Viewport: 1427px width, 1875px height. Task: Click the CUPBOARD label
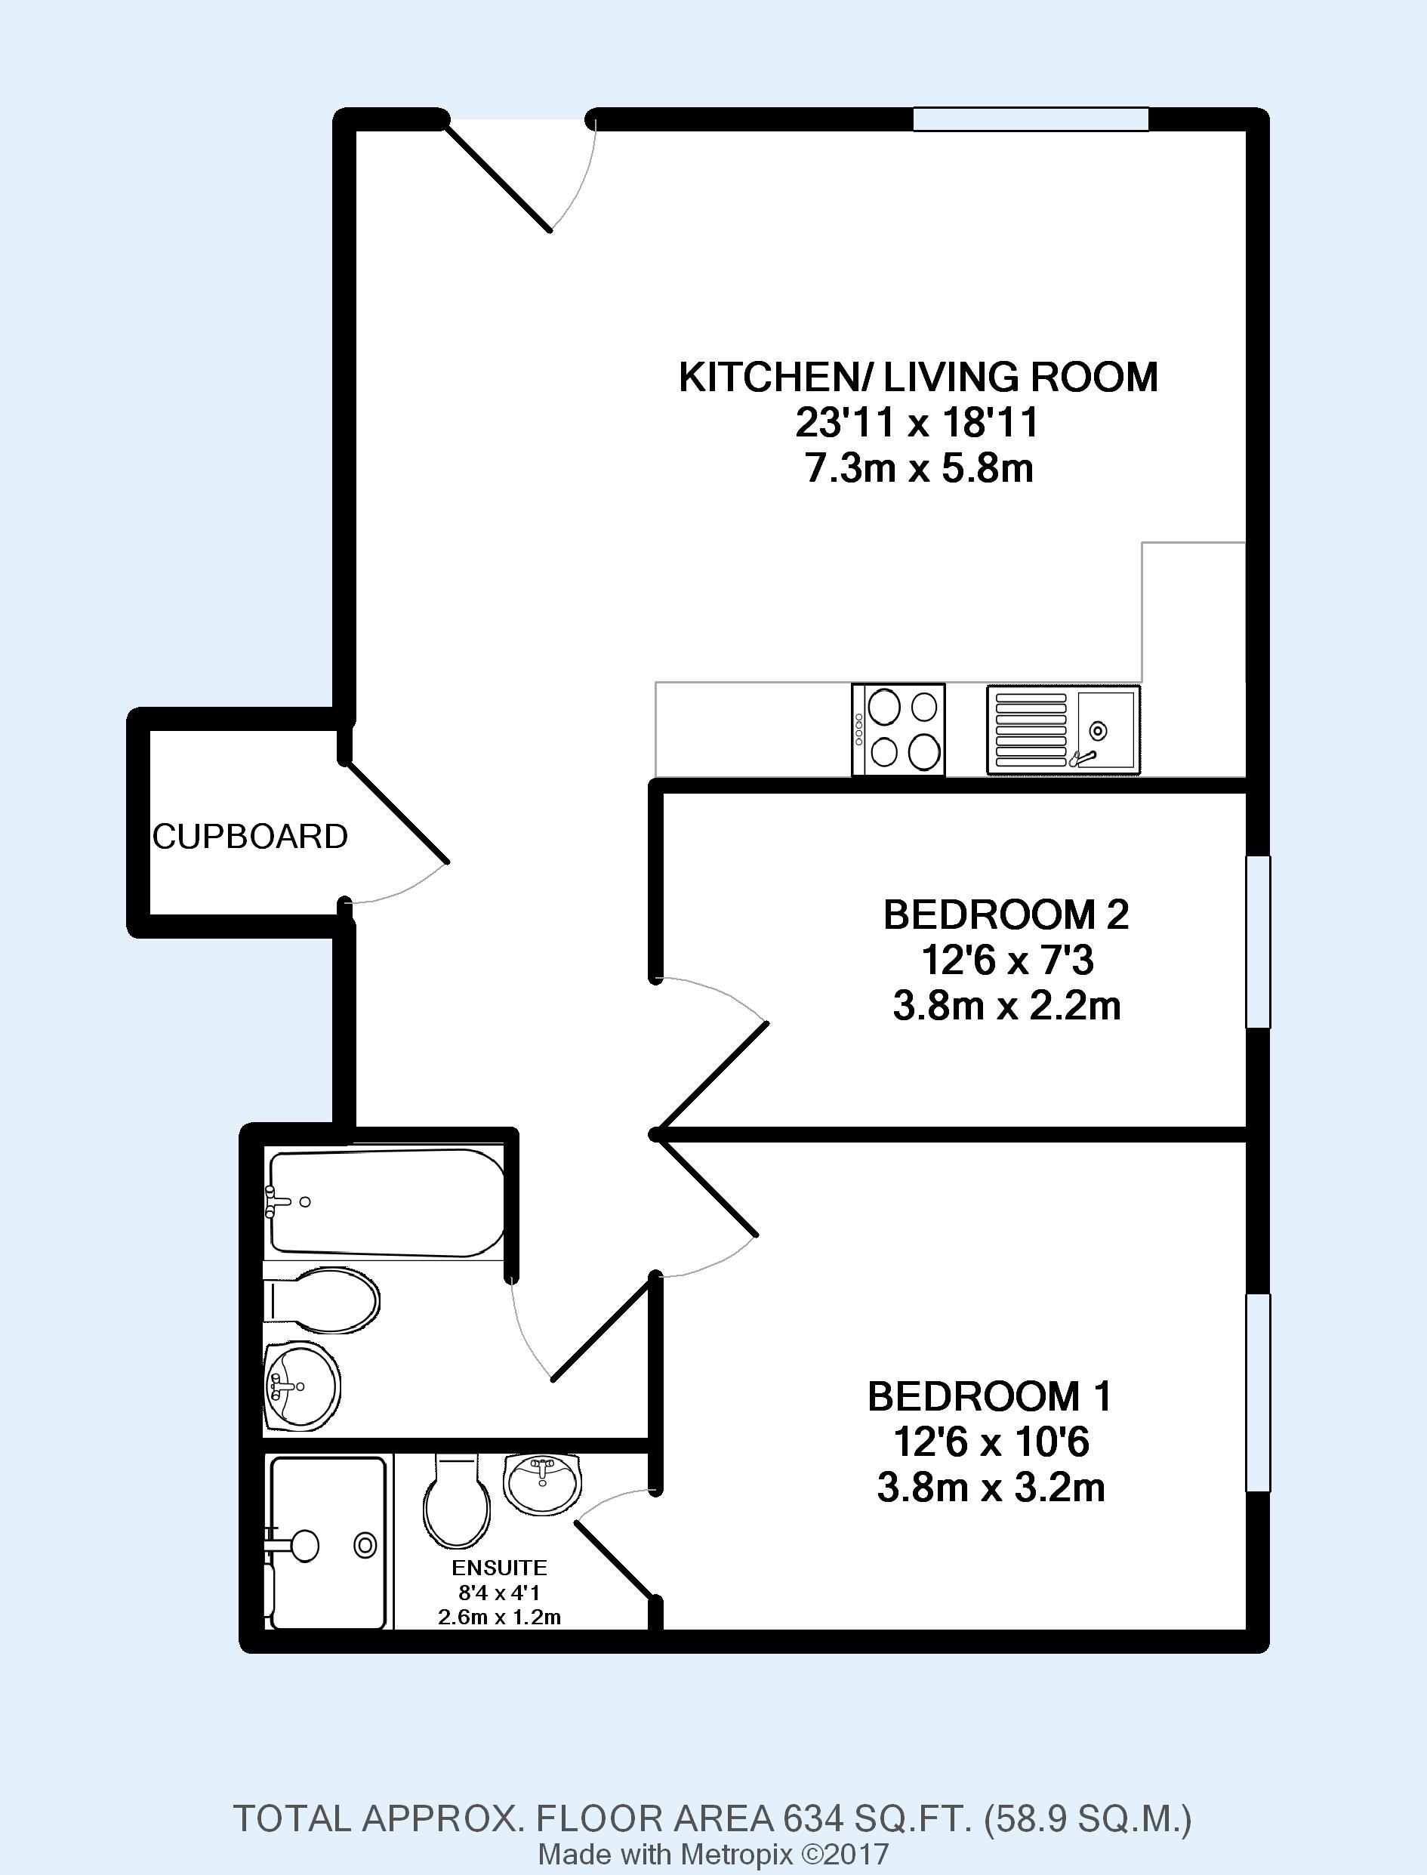(x=251, y=837)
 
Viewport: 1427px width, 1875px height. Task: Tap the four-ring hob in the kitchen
(x=898, y=729)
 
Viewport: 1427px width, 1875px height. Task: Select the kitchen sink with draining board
(x=1063, y=729)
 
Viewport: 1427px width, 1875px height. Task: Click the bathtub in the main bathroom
(x=386, y=1202)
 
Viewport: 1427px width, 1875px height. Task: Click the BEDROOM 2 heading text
(x=1006, y=915)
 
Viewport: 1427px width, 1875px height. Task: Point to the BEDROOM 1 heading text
(x=990, y=1397)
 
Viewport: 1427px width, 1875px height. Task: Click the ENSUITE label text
(x=500, y=1568)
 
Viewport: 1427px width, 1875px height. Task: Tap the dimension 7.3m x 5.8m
(x=919, y=468)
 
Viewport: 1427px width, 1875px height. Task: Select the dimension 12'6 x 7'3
(x=1007, y=961)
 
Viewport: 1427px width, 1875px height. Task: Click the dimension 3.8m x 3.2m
(x=991, y=1488)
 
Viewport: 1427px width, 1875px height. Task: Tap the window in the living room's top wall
(x=1031, y=119)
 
